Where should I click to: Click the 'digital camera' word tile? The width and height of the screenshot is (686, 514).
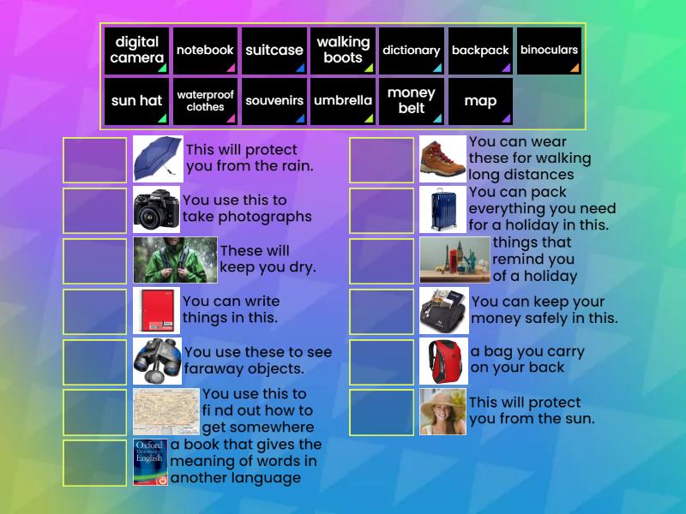point(137,51)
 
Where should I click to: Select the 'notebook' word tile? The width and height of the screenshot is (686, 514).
point(205,51)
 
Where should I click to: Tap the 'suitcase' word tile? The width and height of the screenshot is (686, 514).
point(274,51)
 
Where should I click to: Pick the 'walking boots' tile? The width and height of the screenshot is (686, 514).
point(343,51)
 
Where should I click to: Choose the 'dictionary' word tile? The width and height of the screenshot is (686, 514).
point(412,51)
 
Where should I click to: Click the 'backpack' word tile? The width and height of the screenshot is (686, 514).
point(480,51)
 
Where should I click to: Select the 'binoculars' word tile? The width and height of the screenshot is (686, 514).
point(549,51)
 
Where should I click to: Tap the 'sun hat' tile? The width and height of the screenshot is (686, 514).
point(137,101)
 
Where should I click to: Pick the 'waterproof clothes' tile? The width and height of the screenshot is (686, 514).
point(205,101)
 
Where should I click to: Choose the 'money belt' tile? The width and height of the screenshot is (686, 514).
point(412,101)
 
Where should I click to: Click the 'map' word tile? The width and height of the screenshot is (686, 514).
point(480,101)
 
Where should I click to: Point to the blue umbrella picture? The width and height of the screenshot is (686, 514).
point(157,158)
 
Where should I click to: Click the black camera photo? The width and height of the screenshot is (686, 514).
point(156,209)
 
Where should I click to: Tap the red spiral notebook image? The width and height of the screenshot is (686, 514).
point(156,310)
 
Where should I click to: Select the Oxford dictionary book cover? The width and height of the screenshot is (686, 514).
point(150,462)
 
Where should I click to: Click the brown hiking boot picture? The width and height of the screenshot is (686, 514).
point(442,158)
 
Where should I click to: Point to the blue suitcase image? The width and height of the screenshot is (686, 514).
point(442,209)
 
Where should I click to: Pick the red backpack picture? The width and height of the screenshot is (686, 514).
point(443,361)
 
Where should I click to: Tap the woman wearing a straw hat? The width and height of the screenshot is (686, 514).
point(442,411)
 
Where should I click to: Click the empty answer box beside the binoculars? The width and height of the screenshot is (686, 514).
point(94,361)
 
